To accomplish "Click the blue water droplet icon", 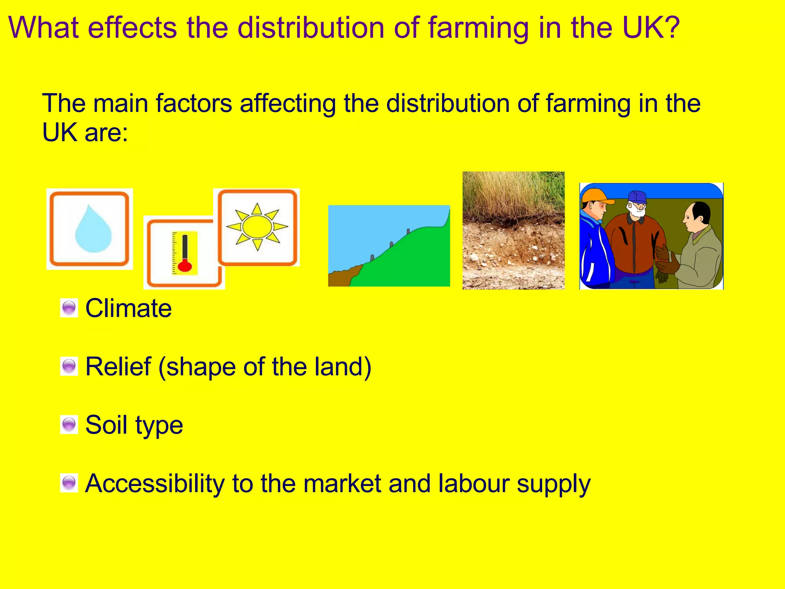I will click(93, 230).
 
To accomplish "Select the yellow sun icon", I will click(257, 227).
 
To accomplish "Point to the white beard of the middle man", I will click(637, 211).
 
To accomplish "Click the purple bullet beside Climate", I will click(69, 308).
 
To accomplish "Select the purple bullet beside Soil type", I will click(69, 424).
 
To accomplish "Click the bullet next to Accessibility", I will click(69, 483).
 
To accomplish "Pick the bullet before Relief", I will click(69, 366).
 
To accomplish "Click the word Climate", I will click(128, 308).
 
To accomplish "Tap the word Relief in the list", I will click(118, 367).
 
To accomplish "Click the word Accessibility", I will click(154, 483).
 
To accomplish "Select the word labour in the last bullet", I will click(474, 483).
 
